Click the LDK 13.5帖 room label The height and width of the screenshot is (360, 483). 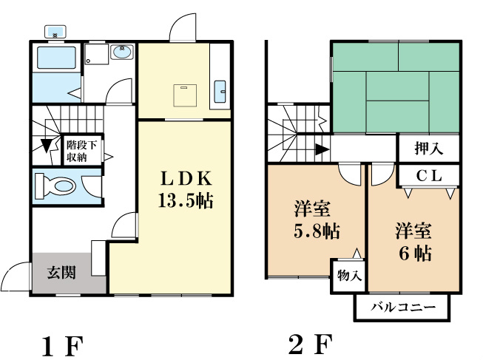tap(186, 189)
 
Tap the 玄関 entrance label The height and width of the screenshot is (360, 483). tap(61, 273)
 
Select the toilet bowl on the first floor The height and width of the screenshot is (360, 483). tap(55, 186)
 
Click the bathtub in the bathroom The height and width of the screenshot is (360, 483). tap(56, 58)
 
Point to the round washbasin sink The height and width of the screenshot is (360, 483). tap(123, 52)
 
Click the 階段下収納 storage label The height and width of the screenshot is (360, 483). tap(81, 151)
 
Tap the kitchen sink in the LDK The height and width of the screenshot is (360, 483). tap(220, 91)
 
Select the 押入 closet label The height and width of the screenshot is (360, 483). tap(429, 149)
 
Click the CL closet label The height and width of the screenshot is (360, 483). tap(430, 176)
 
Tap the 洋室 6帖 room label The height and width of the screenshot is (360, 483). tap(414, 242)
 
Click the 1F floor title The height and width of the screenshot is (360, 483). tap(63, 346)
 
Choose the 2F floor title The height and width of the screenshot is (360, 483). tap(310, 344)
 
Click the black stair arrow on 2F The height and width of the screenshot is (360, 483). tap(322, 149)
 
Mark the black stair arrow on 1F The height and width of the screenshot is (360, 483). tap(46, 146)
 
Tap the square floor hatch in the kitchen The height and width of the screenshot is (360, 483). tap(185, 95)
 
